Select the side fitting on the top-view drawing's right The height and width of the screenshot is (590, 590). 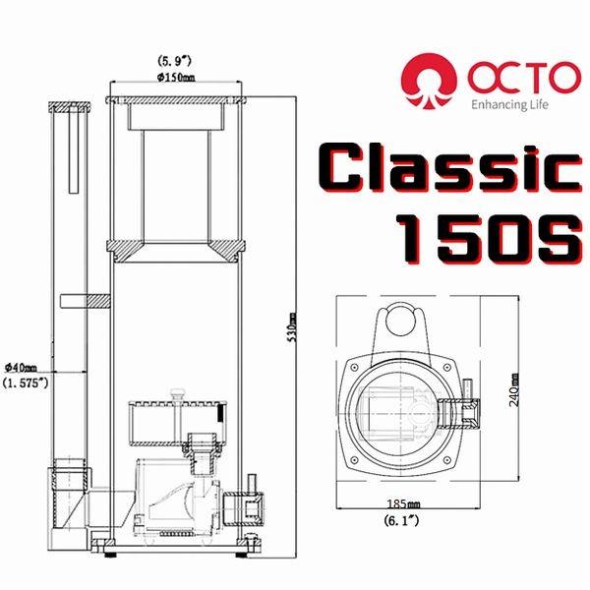462,408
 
